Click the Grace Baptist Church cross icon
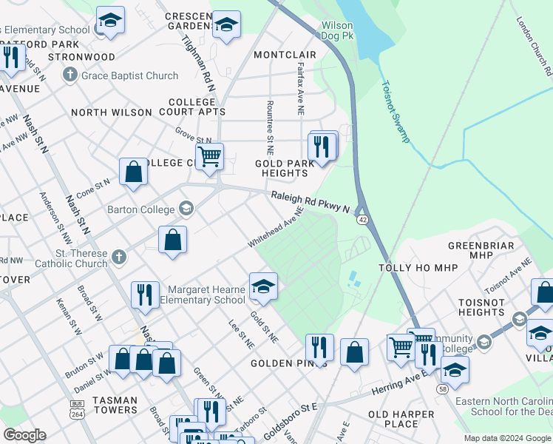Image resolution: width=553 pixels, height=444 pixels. point(70,75)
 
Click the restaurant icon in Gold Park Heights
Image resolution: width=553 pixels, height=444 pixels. point(322,146)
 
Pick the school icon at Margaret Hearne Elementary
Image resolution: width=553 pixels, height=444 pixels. point(262,287)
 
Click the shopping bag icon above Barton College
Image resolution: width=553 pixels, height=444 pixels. point(133,172)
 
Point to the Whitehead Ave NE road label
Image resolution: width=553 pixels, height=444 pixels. point(276,229)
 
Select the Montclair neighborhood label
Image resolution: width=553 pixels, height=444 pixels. point(285,55)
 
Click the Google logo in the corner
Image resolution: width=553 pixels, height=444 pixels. point(24,435)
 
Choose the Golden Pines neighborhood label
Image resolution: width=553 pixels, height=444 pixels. point(283,363)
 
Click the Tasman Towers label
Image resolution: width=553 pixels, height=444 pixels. point(115,406)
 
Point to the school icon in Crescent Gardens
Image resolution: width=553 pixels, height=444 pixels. point(226,24)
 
